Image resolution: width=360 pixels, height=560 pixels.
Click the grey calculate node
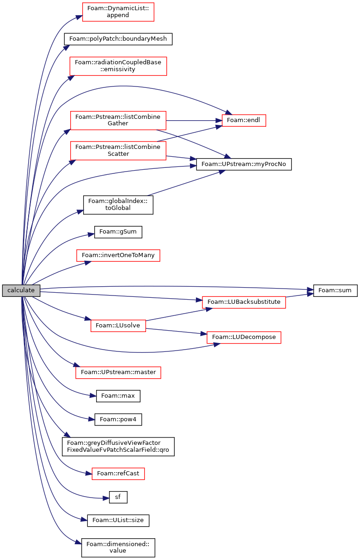coord(21,290)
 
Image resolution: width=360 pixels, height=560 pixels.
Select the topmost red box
coord(118,12)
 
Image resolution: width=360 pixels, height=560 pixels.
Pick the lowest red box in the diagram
coord(118,474)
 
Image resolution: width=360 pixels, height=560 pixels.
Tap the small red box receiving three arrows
coord(244,120)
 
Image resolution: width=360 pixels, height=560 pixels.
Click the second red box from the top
coord(118,66)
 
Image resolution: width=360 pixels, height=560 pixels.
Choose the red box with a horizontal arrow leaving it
coord(118,121)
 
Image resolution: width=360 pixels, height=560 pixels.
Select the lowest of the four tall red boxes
coord(118,151)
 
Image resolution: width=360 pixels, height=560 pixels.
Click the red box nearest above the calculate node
coord(118,255)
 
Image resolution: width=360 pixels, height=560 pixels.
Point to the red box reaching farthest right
coord(244,302)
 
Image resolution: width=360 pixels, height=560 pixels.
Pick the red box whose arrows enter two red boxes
coord(118,326)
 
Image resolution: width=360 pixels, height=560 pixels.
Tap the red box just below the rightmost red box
coord(244,338)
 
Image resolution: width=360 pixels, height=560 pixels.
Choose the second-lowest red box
coord(118,373)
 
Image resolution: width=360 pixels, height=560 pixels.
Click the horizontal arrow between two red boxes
coord(194,121)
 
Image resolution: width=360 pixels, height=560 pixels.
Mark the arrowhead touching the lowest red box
coord(88,473)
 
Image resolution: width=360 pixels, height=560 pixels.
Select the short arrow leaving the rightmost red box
coord(300,295)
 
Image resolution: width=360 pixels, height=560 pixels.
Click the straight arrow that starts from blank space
coord(185,183)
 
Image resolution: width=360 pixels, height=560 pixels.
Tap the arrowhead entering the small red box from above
coord(228,112)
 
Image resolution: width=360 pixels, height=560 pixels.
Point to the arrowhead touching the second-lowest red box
coord(76,365)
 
